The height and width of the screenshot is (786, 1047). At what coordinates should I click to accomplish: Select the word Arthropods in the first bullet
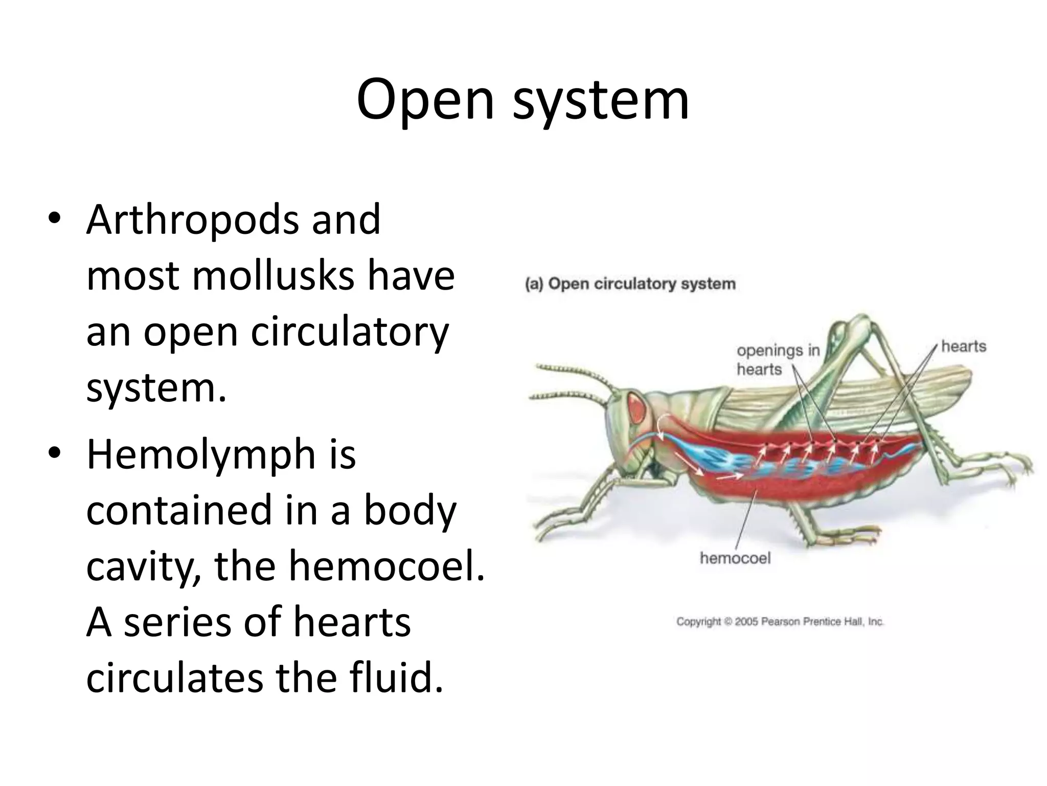click(x=191, y=220)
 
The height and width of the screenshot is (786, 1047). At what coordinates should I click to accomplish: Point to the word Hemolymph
click(x=200, y=455)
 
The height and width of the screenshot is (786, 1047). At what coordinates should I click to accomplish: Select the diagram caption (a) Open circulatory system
click(x=630, y=284)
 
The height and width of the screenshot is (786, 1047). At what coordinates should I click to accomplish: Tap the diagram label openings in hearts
click(x=777, y=360)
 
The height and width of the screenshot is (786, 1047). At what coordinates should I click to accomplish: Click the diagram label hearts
click(x=963, y=346)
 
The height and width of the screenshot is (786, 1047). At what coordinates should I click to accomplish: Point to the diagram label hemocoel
click(x=735, y=558)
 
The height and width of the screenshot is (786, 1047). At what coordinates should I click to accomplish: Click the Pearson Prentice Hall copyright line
click(x=780, y=622)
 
